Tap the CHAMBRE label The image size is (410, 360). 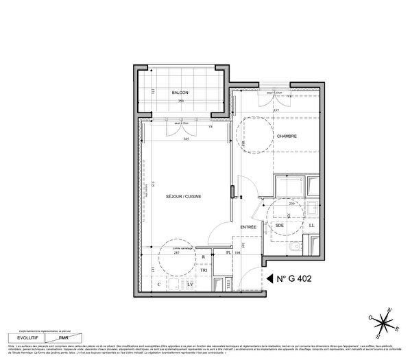286,137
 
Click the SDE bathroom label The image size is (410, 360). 280,225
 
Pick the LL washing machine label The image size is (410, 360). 311,225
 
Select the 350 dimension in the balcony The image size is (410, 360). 181,101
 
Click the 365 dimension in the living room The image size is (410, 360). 186,139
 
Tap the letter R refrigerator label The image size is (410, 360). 204,258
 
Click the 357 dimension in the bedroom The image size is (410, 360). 276,110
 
